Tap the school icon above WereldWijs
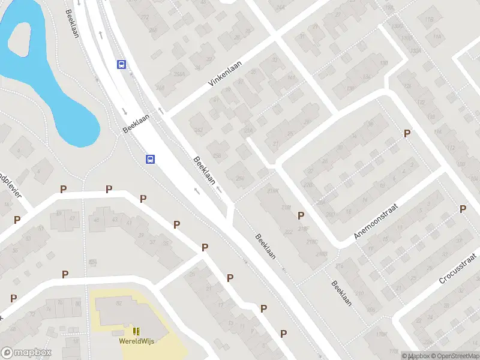(x=136, y=331)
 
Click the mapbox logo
(x=26, y=353)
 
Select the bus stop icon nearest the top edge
(x=121, y=65)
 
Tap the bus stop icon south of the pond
(x=150, y=159)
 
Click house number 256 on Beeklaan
(x=217, y=156)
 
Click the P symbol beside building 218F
(x=301, y=215)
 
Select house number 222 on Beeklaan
(x=289, y=232)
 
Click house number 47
(x=73, y=218)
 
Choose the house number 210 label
(x=359, y=293)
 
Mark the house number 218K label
(x=273, y=191)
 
